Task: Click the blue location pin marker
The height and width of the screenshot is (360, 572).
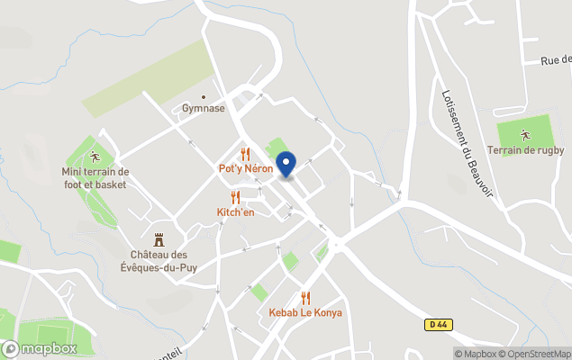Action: pos(286,163)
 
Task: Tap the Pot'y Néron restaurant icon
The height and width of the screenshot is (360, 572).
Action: pos(245,154)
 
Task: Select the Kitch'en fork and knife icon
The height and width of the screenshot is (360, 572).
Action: pos(235,197)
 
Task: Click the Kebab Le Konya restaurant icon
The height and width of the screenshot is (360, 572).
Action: pos(305,298)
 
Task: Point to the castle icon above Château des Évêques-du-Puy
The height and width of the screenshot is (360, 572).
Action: pos(159,239)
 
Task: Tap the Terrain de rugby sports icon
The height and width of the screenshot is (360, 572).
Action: pos(525,135)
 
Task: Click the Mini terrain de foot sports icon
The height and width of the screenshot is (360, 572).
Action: pos(95,157)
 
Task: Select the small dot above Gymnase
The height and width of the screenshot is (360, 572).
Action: pos(204,97)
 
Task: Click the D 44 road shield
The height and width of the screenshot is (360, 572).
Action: pos(437,324)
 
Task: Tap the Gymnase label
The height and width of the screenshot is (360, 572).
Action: pos(204,109)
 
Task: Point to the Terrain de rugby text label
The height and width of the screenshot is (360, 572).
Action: pos(525,150)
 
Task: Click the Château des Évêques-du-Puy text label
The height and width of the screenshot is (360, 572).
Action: pos(159,260)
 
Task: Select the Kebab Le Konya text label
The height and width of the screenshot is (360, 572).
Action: pos(305,313)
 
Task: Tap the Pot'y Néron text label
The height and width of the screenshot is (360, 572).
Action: pos(245,168)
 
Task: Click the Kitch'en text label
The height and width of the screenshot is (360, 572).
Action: pos(235,212)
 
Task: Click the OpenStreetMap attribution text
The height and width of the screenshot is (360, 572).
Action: pos(535,354)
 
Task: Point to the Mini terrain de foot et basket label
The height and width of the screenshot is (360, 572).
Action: pos(95,178)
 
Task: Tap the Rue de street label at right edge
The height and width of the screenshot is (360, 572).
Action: pos(556,60)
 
